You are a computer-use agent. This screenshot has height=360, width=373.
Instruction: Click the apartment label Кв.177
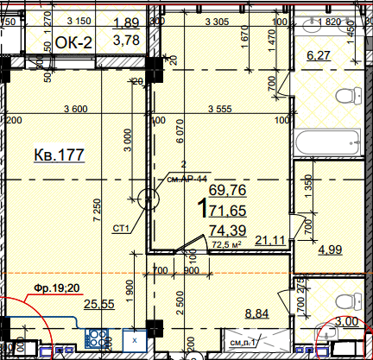(59, 155)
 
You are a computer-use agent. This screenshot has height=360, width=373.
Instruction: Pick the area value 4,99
(332, 251)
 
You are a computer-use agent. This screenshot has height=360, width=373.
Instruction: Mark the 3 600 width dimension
(76, 109)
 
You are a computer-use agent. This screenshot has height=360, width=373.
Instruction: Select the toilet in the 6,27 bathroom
(351, 97)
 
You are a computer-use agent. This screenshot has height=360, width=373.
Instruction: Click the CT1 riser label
(121, 229)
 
